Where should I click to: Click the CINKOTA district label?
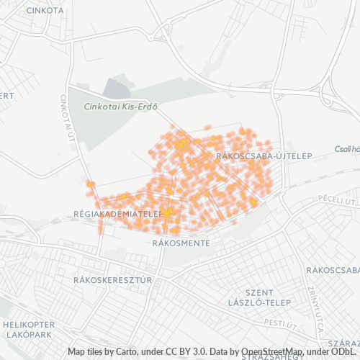tap(44, 11)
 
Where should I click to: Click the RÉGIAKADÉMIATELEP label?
tap(116, 214)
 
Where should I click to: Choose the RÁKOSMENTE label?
tap(181, 243)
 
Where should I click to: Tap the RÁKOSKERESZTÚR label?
tap(112, 279)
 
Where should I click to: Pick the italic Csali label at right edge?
tap(346, 149)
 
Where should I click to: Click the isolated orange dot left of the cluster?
tap(89, 184)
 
